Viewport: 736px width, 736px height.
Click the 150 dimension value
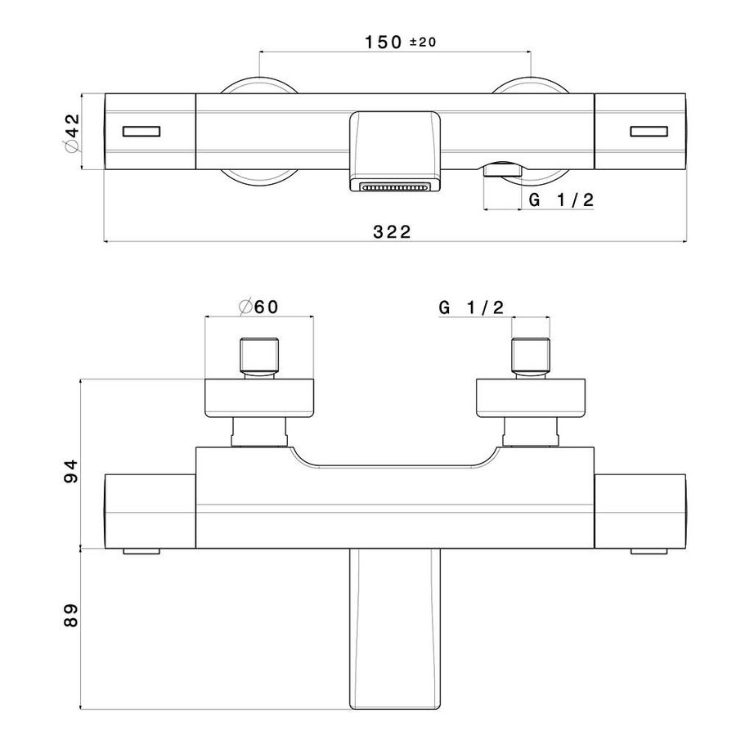pos(383,43)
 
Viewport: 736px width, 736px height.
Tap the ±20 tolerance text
pos(423,43)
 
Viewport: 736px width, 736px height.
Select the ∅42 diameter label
pos(71,132)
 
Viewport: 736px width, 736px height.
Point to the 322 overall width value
pos(392,232)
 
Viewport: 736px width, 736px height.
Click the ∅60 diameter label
pos(258,307)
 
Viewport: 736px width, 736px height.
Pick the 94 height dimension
pos(70,471)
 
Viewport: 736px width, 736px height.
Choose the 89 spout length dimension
pos(70,615)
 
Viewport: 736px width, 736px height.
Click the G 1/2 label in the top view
pos(561,200)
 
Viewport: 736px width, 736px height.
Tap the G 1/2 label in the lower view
pos(471,307)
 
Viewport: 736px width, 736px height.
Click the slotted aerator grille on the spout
pos(395,187)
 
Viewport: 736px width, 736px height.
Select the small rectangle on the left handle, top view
pos(141,132)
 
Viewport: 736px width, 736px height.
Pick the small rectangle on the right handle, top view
pos(648,132)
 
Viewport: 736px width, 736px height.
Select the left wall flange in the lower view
pos(259,397)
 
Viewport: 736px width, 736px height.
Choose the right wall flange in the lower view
pos(531,397)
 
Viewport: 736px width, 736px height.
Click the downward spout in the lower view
pos(395,629)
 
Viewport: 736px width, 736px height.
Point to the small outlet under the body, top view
pos(502,169)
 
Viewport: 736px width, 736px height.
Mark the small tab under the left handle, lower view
pos(141,551)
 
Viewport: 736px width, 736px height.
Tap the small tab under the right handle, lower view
pos(648,551)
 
